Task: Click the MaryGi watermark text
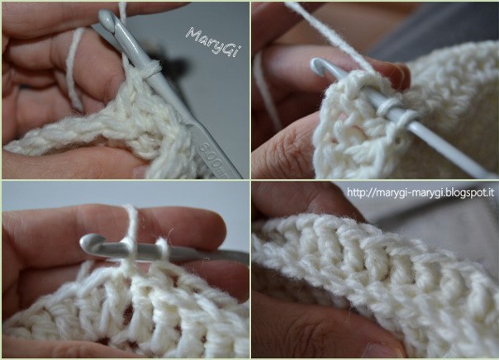pos(212,42)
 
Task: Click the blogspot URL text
pos(420,192)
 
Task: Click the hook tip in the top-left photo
pos(105,17)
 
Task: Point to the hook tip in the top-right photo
pos(316,65)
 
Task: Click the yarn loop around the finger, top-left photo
pos(74,69)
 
